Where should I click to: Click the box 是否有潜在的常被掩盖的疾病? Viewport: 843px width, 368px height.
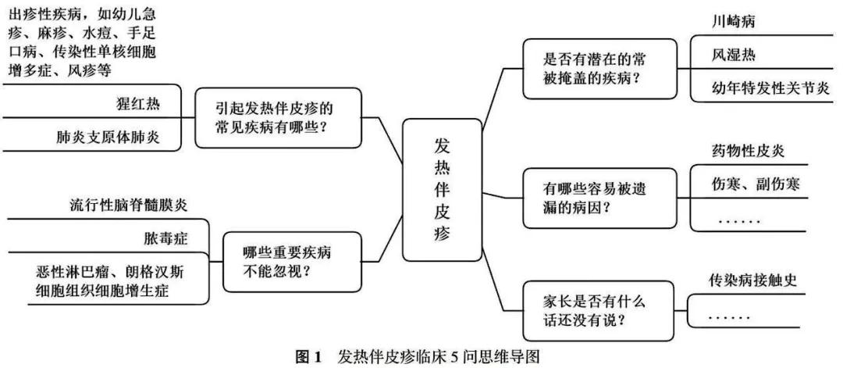click(599, 70)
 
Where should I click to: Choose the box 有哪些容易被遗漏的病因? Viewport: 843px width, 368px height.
click(599, 198)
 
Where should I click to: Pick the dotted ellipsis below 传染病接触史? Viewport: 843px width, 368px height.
click(731, 317)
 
